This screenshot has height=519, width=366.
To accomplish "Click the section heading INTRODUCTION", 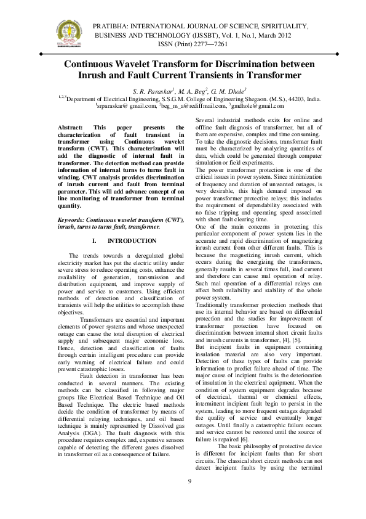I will tap(132, 223).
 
